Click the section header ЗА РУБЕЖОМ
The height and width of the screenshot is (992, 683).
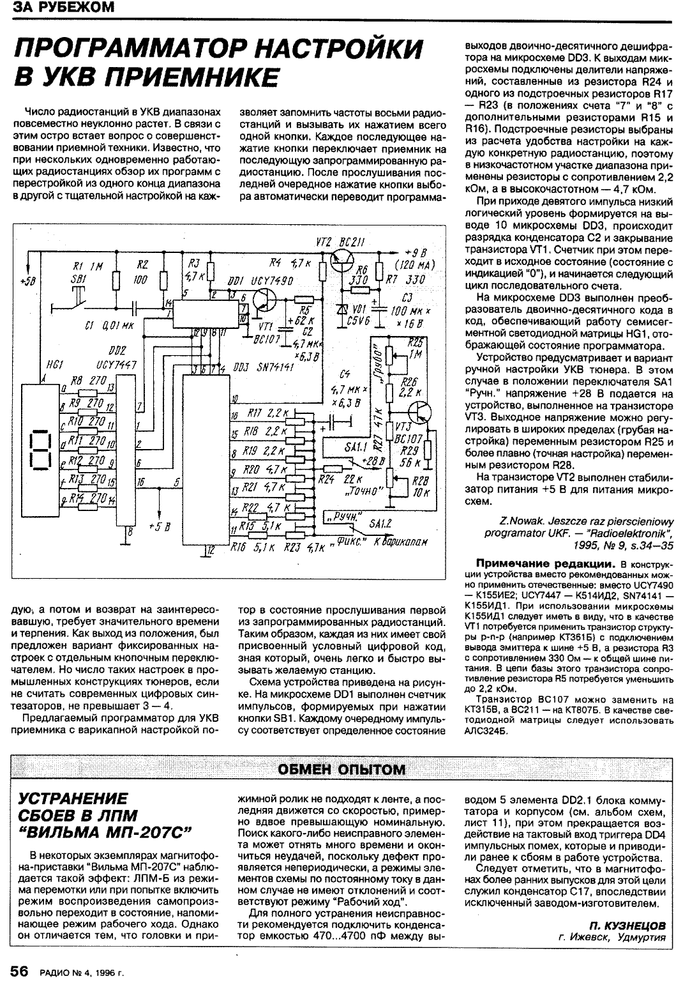(60, 8)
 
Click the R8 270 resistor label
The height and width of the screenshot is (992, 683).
(87, 381)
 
